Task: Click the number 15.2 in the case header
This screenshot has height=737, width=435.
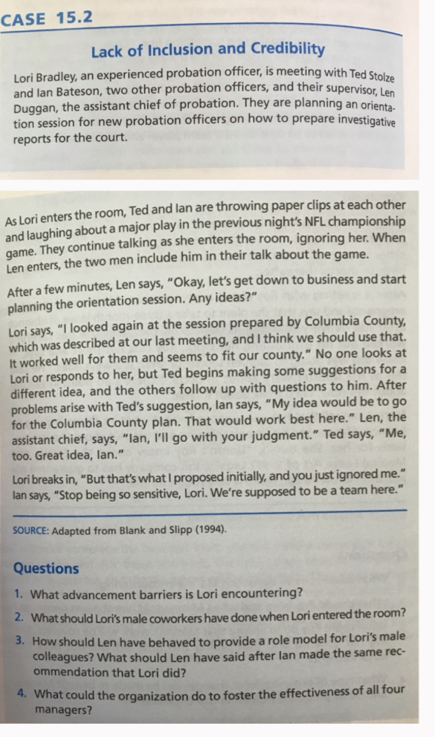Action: [x=72, y=18]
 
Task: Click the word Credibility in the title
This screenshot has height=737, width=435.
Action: [x=288, y=50]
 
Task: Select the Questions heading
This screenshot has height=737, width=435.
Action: [x=45, y=568]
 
